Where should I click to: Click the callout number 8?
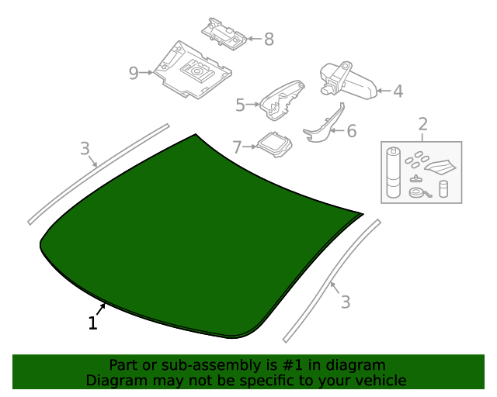[x=269, y=40]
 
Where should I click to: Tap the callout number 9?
[x=134, y=73]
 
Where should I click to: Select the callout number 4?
[x=398, y=91]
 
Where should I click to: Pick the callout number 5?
[x=240, y=105]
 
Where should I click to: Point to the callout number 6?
[x=352, y=131]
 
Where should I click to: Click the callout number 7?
[x=237, y=147]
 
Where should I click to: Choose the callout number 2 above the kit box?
[x=422, y=124]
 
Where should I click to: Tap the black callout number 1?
[x=92, y=323]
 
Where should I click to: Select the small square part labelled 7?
[x=274, y=145]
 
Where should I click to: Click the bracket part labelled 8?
[x=224, y=34]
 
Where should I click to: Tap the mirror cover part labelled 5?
[x=282, y=100]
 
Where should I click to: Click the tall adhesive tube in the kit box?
[x=394, y=173]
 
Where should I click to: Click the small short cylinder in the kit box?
[x=443, y=189]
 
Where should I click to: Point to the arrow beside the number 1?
[x=101, y=309]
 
